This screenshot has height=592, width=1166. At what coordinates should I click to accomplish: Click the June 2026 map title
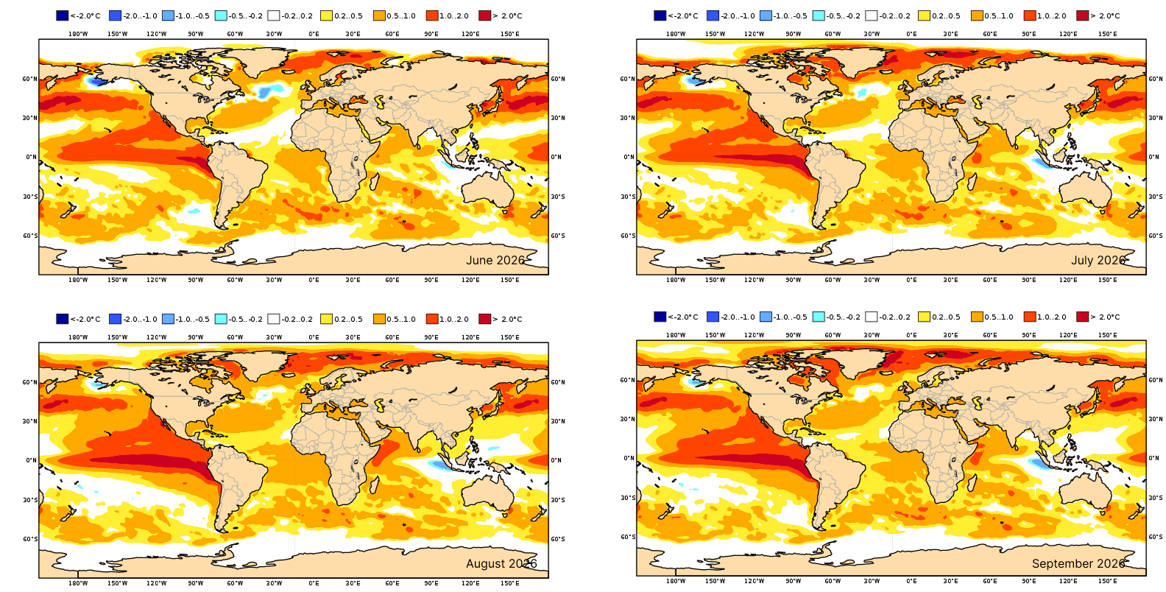(495, 260)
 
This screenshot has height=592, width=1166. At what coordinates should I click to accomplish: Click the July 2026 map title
(1098, 260)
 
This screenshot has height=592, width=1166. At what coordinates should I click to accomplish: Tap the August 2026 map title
(501, 563)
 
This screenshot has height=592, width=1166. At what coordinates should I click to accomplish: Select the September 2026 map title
(1078, 563)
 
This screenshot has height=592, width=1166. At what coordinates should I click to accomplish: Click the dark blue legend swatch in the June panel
(63, 15)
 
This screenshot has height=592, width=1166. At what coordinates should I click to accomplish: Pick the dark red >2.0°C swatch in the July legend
(1082, 15)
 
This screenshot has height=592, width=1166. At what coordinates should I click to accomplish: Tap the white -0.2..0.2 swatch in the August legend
(274, 319)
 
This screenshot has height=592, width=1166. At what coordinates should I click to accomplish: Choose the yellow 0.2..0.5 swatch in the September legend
(924, 317)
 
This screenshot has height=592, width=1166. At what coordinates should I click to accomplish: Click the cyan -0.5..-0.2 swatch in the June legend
(221, 15)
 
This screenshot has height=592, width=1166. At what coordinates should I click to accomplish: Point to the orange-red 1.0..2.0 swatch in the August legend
(432, 319)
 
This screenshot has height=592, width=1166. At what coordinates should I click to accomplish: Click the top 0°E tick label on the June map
(314, 34)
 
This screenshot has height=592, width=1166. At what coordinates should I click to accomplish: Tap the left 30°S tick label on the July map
(627, 197)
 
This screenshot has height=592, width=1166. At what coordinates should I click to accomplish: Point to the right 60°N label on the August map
(558, 382)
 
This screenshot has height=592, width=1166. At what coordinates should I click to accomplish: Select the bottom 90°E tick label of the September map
(1028, 580)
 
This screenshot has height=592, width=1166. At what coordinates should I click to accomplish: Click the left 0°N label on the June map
(31, 157)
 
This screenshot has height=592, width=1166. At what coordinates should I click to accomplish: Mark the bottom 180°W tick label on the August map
(78, 583)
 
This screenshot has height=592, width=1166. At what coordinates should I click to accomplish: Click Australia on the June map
(488, 191)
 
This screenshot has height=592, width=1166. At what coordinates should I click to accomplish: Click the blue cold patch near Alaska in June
(94, 81)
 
